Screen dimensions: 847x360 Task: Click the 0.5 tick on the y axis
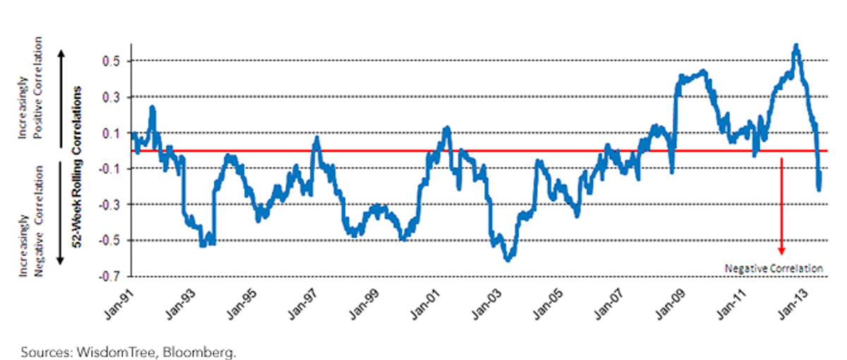[x=112, y=61]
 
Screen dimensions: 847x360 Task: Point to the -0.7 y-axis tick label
[x=109, y=277]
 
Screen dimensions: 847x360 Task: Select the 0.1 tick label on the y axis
[x=112, y=133]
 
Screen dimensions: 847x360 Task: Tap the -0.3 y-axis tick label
[x=109, y=205]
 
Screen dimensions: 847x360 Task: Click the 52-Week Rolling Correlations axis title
[x=77, y=167]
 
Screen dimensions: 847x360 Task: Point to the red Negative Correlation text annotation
[x=774, y=268]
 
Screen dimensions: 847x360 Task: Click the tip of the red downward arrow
[x=781, y=255]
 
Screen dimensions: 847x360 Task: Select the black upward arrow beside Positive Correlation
[x=61, y=99]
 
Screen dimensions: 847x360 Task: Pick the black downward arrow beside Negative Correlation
[x=61, y=213]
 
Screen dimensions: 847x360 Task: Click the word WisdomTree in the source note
[x=116, y=352]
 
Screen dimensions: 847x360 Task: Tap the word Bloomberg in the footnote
[x=199, y=352]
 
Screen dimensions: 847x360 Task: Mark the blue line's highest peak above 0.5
[x=796, y=45]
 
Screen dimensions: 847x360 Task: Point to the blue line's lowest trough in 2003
[x=507, y=260]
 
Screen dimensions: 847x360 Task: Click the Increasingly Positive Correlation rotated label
[x=30, y=88]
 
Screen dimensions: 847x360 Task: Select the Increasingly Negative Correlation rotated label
[x=31, y=221]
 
